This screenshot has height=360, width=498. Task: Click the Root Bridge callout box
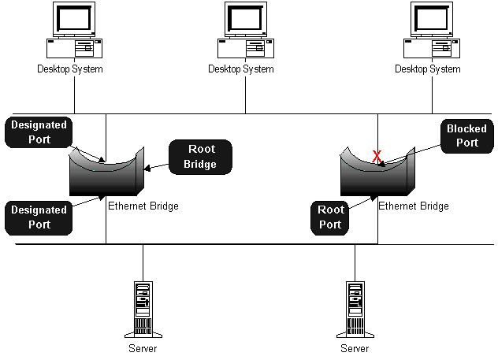pyautogui.click(x=200, y=157)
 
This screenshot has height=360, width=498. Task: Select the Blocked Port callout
pyautogui.click(x=467, y=135)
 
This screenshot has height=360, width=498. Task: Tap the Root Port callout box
pyautogui.click(x=329, y=217)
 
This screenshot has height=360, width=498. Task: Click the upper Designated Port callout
pyautogui.click(x=39, y=132)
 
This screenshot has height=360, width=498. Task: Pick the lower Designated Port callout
pyautogui.click(x=39, y=217)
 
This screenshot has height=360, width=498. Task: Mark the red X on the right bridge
pyautogui.click(x=377, y=156)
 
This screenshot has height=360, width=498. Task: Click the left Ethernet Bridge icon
pyautogui.click(x=106, y=172)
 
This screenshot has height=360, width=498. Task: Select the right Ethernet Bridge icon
pyautogui.click(x=377, y=172)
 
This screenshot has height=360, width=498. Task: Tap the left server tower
pyautogui.click(x=143, y=310)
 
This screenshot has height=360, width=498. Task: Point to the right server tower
pyautogui.click(x=355, y=310)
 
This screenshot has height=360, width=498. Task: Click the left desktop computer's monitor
pyautogui.click(x=74, y=19)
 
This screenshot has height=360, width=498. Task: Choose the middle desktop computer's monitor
pyautogui.click(x=246, y=19)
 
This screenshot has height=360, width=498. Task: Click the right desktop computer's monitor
pyautogui.click(x=432, y=19)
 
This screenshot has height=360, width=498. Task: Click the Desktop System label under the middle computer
pyautogui.click(x=241, y=69)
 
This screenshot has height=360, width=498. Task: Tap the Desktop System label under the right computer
pyautogui.click(x=428, y=69)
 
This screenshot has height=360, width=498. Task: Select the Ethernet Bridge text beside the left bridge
pyautogui.click(x=143, y=206)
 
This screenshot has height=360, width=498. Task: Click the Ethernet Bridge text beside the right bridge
pyautogui.click(x=414, y=206)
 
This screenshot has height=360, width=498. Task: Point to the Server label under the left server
pyautogui.click(x=143, y=348)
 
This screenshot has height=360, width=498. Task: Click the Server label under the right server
pyautogui.click(x=355, y=348)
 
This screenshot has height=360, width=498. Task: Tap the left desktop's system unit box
pyautogui.click(x=74, y=48)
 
